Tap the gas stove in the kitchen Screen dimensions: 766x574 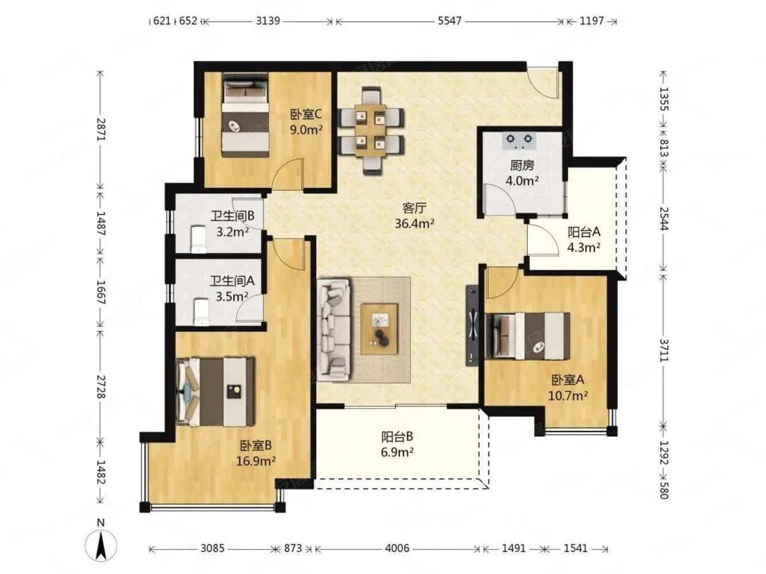pyautogui.click(x=519, y=141)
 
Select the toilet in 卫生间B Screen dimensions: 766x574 pyautogui.click(x=199, y=239)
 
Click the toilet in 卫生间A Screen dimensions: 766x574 pyautogui.click(x=201, y=312)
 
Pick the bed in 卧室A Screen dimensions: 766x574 pyautogui.click(x=528, y=336)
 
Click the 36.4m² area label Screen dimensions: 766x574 pyautogui.click(x=414, y=224)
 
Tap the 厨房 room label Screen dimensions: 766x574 pyautogui.click(x=522, y=165)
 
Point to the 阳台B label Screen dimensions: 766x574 pyautogui.click(x=397, y=437)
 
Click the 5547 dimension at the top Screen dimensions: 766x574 pyautogui.click(x=449, y=21)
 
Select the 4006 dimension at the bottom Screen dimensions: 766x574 pyautogui.click(x=397, y=549)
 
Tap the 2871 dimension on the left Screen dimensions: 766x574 pyautogui.click(x=101, y=129)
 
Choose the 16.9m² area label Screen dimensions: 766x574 pyautogui.click(x=256, y=461)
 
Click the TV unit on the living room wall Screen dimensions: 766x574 pyautogui.click(x=473, y=326)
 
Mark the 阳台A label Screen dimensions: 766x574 pyautogui.click(x=583, y=232)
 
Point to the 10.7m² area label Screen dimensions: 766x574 pyautogui.click(x=568, y=395)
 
